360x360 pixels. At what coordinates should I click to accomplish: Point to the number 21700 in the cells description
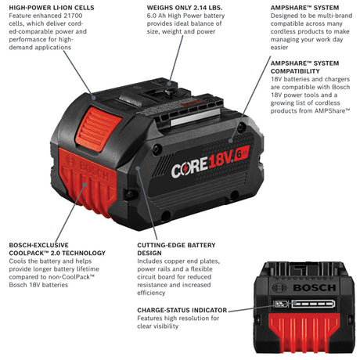(85, 16)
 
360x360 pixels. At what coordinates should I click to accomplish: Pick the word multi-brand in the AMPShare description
(334, 16)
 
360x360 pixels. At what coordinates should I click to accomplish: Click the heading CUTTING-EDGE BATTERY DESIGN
(175, 249)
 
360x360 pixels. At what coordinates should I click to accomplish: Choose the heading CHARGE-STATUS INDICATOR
(179, 309)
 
